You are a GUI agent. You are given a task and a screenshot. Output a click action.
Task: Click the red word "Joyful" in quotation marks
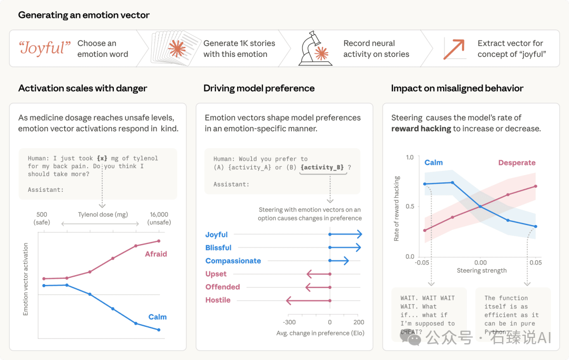(x=45, y=48)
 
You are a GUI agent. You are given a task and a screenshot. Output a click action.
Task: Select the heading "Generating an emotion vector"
(x=84, y=15)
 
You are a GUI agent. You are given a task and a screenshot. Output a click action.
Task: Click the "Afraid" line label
(x=156, y=254)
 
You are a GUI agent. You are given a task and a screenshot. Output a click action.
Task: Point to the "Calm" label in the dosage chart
(x=158, y=317)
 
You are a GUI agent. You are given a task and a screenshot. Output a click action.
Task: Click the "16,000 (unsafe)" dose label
(x=159, y=218)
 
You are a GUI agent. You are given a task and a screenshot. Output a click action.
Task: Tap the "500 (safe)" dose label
(x=42, y=218)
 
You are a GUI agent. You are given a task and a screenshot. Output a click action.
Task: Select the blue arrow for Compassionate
(x=339, y=260)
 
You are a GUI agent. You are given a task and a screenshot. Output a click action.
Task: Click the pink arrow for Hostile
(x=308, y=300)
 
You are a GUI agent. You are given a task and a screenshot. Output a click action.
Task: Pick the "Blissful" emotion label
(x=218, y=248)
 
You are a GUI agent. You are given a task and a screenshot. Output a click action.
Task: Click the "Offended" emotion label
(x=222, y=287)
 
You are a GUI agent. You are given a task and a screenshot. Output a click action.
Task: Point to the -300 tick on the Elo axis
(x=289, y=322)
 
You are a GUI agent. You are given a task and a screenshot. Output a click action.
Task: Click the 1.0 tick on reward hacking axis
(x=410, y=158)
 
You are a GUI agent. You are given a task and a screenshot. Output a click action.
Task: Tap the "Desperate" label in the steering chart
(x=517, y=163)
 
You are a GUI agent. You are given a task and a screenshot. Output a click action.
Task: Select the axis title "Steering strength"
(x=482, y=270)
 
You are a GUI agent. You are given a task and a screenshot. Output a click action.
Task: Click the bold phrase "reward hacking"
(x=421, y=129)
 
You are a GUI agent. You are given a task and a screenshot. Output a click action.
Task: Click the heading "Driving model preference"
(x=259, y=88)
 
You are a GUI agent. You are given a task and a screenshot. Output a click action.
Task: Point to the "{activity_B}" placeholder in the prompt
(x=322, y=167)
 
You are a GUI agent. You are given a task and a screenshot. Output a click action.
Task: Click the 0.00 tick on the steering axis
(x=480, y=262)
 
